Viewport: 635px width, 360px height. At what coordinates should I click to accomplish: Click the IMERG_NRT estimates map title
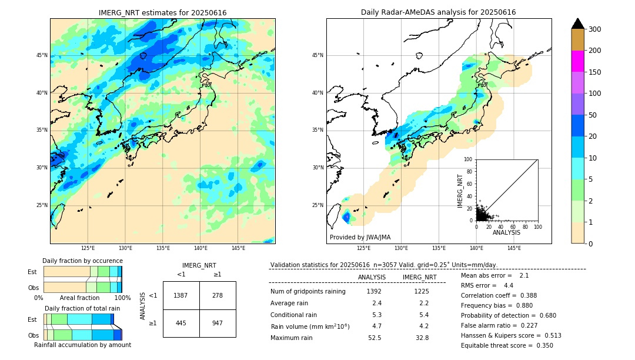[x=162, y=12]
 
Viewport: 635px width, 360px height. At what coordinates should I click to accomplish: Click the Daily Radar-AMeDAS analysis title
[x=438, y=12]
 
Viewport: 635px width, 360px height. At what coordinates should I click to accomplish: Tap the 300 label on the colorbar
[x=595, y=29]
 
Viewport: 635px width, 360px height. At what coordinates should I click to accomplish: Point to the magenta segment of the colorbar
[x=577, y=61]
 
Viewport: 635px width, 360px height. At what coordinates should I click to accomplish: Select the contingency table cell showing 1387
[x=181, y=295]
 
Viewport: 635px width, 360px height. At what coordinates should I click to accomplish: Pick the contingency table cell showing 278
[x=218, y=295]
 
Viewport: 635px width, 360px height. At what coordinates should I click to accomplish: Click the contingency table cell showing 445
[x=181, y=323]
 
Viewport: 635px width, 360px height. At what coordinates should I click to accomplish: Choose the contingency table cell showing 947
[x=218, y=323]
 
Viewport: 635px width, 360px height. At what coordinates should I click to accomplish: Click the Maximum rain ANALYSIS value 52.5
[x=374, y=338]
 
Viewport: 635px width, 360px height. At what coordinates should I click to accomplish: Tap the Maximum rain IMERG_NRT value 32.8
[x=422, y=338]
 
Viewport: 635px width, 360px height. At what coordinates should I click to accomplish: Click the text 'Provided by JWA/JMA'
[x=360, y=238]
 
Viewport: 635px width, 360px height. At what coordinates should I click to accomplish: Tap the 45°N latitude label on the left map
[x=42, y=55]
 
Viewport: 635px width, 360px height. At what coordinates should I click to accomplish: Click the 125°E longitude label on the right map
[x=364, y=248]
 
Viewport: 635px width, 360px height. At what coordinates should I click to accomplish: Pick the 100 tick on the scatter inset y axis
[x=469, y=159]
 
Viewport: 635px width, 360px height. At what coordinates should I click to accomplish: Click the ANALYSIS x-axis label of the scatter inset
[x=506, y=232]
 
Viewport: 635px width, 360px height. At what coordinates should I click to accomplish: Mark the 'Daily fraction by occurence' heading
[x=82, y=261]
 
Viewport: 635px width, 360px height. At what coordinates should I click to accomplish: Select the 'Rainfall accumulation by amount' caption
[x=82, y=345]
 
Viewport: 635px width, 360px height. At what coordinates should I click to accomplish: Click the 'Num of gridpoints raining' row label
[x=308, y=291]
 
